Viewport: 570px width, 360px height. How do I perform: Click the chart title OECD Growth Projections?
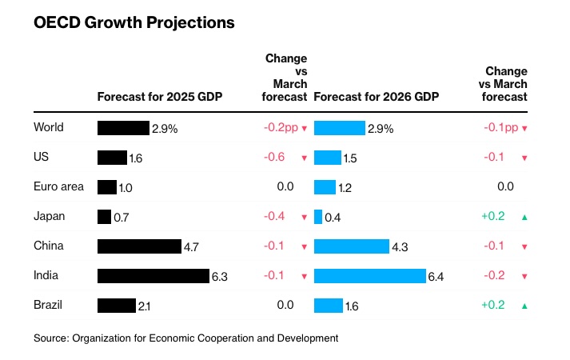[134, 23]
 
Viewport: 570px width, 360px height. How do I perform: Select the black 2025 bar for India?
[153, 276]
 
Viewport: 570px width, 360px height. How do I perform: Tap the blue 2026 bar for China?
[351, 246]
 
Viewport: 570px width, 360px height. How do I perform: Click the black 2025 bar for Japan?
[104, 217]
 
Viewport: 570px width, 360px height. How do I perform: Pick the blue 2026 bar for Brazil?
[329, 306]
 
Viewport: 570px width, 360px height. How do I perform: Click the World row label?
[49, 127]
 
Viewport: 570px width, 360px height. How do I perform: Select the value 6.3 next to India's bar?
[220, 277]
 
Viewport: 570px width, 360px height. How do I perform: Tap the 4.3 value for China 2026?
[399, 247]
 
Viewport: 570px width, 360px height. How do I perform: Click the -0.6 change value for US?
[274, 158]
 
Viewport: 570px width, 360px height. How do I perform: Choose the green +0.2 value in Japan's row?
[492, 216]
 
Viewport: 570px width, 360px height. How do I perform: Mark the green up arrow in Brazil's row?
[524, 306]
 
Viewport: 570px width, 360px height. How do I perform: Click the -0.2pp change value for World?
[280, 127]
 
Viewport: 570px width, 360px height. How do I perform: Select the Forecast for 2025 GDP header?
[159, 97]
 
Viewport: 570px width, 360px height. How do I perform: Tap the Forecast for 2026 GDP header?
[377, 97]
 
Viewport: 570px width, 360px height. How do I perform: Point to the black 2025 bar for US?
[112, 158]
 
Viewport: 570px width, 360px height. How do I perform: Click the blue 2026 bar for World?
[340, 128]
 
